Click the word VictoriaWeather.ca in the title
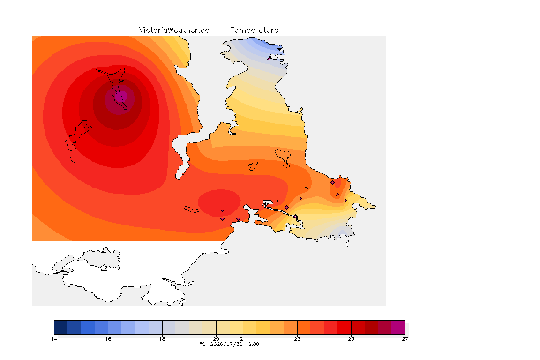click(x=174, y=30)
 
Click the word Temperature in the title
click(x=254, y=30)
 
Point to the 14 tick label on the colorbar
click(x=54, y=339)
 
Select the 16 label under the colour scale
click(x=108, y=339)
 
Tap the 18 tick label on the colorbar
click(x=162, y=339)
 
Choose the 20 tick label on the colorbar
click(x=216, y=339)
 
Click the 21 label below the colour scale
click(x=243, y=339)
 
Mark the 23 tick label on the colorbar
click(x=297, y=339)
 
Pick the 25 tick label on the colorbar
click(x=351, y=339)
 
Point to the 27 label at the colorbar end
click(x=405, y=339)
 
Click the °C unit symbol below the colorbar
click(x=202, y=344)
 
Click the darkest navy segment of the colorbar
click(x=61, y=327)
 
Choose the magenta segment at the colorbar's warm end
click(x=398, y=327)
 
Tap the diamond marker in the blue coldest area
click(x=270, y=59)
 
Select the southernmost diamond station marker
click(x=341, y=231)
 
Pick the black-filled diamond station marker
click(x=332, y=183)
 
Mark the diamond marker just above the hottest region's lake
click(x=108, y=68)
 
